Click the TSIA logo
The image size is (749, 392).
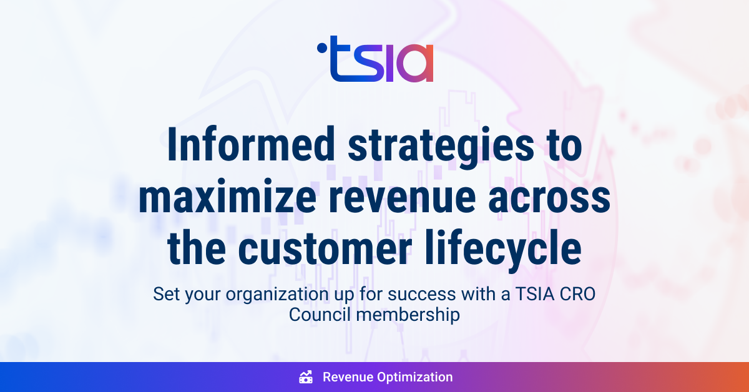(375, 59)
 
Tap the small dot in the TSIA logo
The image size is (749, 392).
(320, 46)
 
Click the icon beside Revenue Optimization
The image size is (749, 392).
(306, 377)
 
